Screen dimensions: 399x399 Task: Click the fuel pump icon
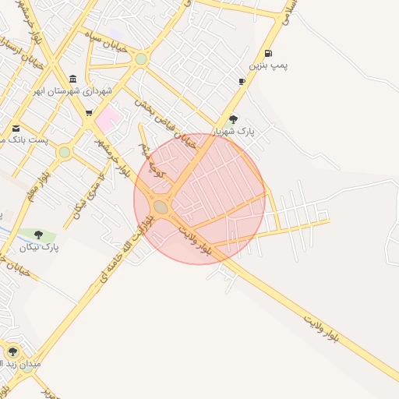pos(269,54)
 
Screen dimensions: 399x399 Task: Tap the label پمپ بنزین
pos(269,66)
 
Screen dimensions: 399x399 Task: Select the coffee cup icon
pos(242,81)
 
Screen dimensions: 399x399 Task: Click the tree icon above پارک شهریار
pos(233,119)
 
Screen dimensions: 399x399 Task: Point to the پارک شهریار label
pos(238,132)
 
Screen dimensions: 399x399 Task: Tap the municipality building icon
pos(73,79)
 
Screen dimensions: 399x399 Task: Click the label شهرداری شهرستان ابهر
pos(73,91)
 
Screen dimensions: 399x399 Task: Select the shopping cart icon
pos(89,113)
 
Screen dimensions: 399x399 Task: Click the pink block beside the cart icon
pos(108,119)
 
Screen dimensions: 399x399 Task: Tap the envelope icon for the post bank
pos(16,129)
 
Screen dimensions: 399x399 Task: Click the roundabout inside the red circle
pos(161,207)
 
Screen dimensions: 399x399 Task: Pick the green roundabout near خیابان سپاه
pos(140,58)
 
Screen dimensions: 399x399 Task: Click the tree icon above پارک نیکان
pos(38,234)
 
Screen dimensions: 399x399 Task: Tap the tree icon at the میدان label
pos(12,351)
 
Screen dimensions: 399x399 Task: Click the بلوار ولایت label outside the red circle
pos(321,328)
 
